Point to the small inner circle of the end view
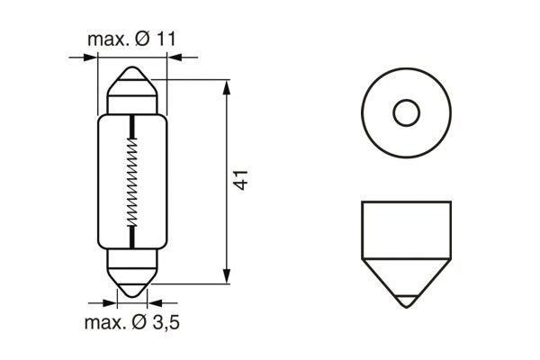pos(407,112)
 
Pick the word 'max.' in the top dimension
pos(104,40)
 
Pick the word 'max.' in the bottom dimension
pos(101,323)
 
